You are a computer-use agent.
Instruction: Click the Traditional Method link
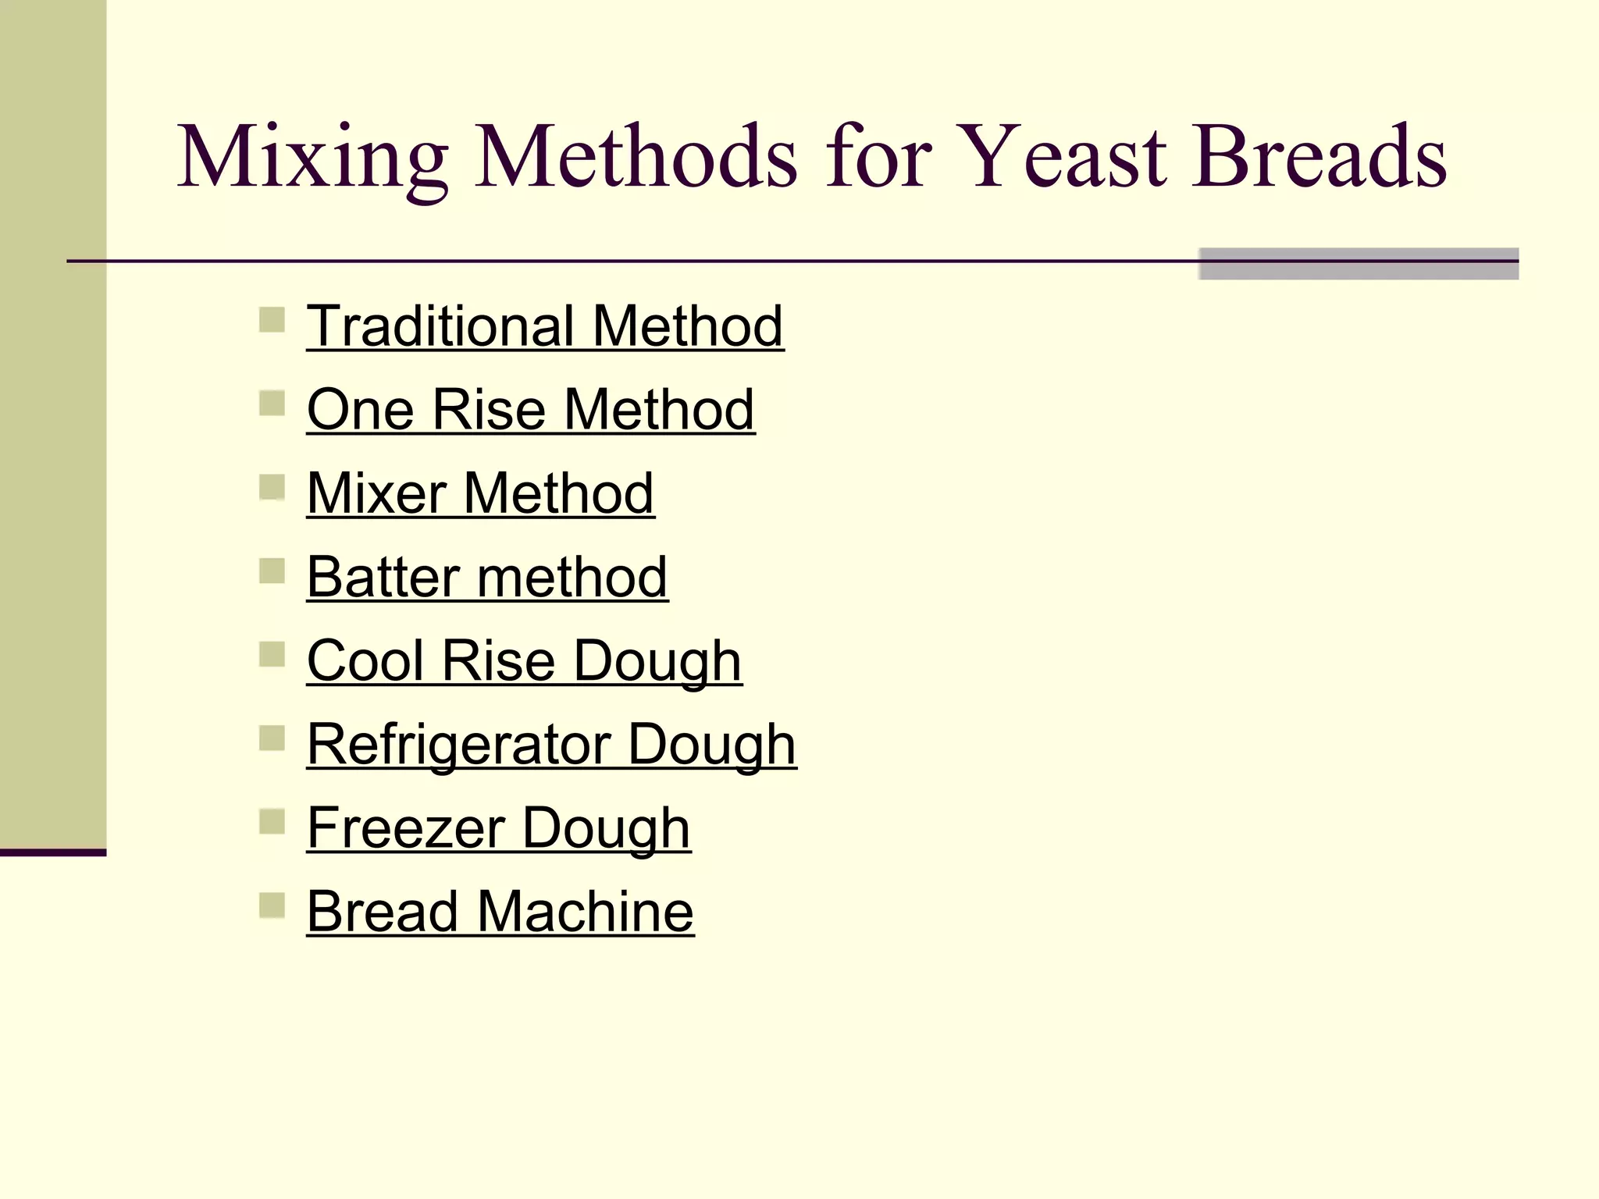click(544, 326)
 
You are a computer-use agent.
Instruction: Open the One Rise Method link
click(530, 410)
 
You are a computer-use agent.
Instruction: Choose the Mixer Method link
click(480, 493)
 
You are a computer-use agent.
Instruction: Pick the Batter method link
click(486, 578)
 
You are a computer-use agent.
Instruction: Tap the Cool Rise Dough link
click(524, 661)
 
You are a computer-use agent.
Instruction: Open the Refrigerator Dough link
click(551, 745)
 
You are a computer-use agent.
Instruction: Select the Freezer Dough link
click(498, 828)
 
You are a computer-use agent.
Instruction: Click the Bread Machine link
click(500, 912)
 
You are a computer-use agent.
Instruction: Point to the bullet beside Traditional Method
click(272, 320)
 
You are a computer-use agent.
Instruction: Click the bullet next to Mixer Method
click(272, 487)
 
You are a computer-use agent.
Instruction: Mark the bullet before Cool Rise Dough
click(272, 654)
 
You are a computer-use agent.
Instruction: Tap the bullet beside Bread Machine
click(272, 905)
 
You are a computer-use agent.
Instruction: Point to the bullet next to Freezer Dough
click(272, 822)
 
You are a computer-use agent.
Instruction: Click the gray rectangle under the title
click(1358, 264)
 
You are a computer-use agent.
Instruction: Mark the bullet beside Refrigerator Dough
click(272, 738)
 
